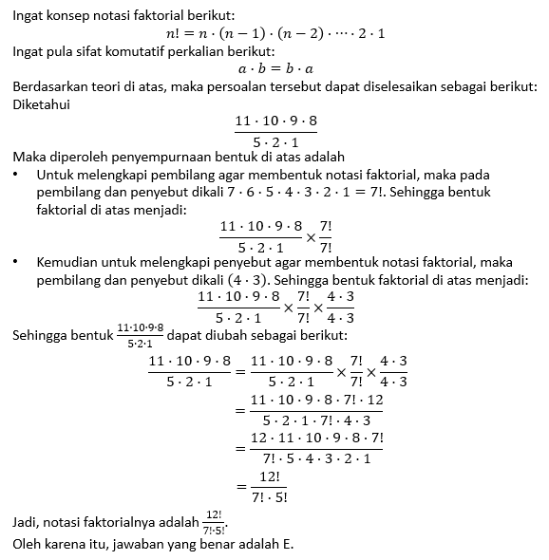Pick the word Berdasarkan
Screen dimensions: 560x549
point(50,87)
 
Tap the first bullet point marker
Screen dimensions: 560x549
point(17,176)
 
